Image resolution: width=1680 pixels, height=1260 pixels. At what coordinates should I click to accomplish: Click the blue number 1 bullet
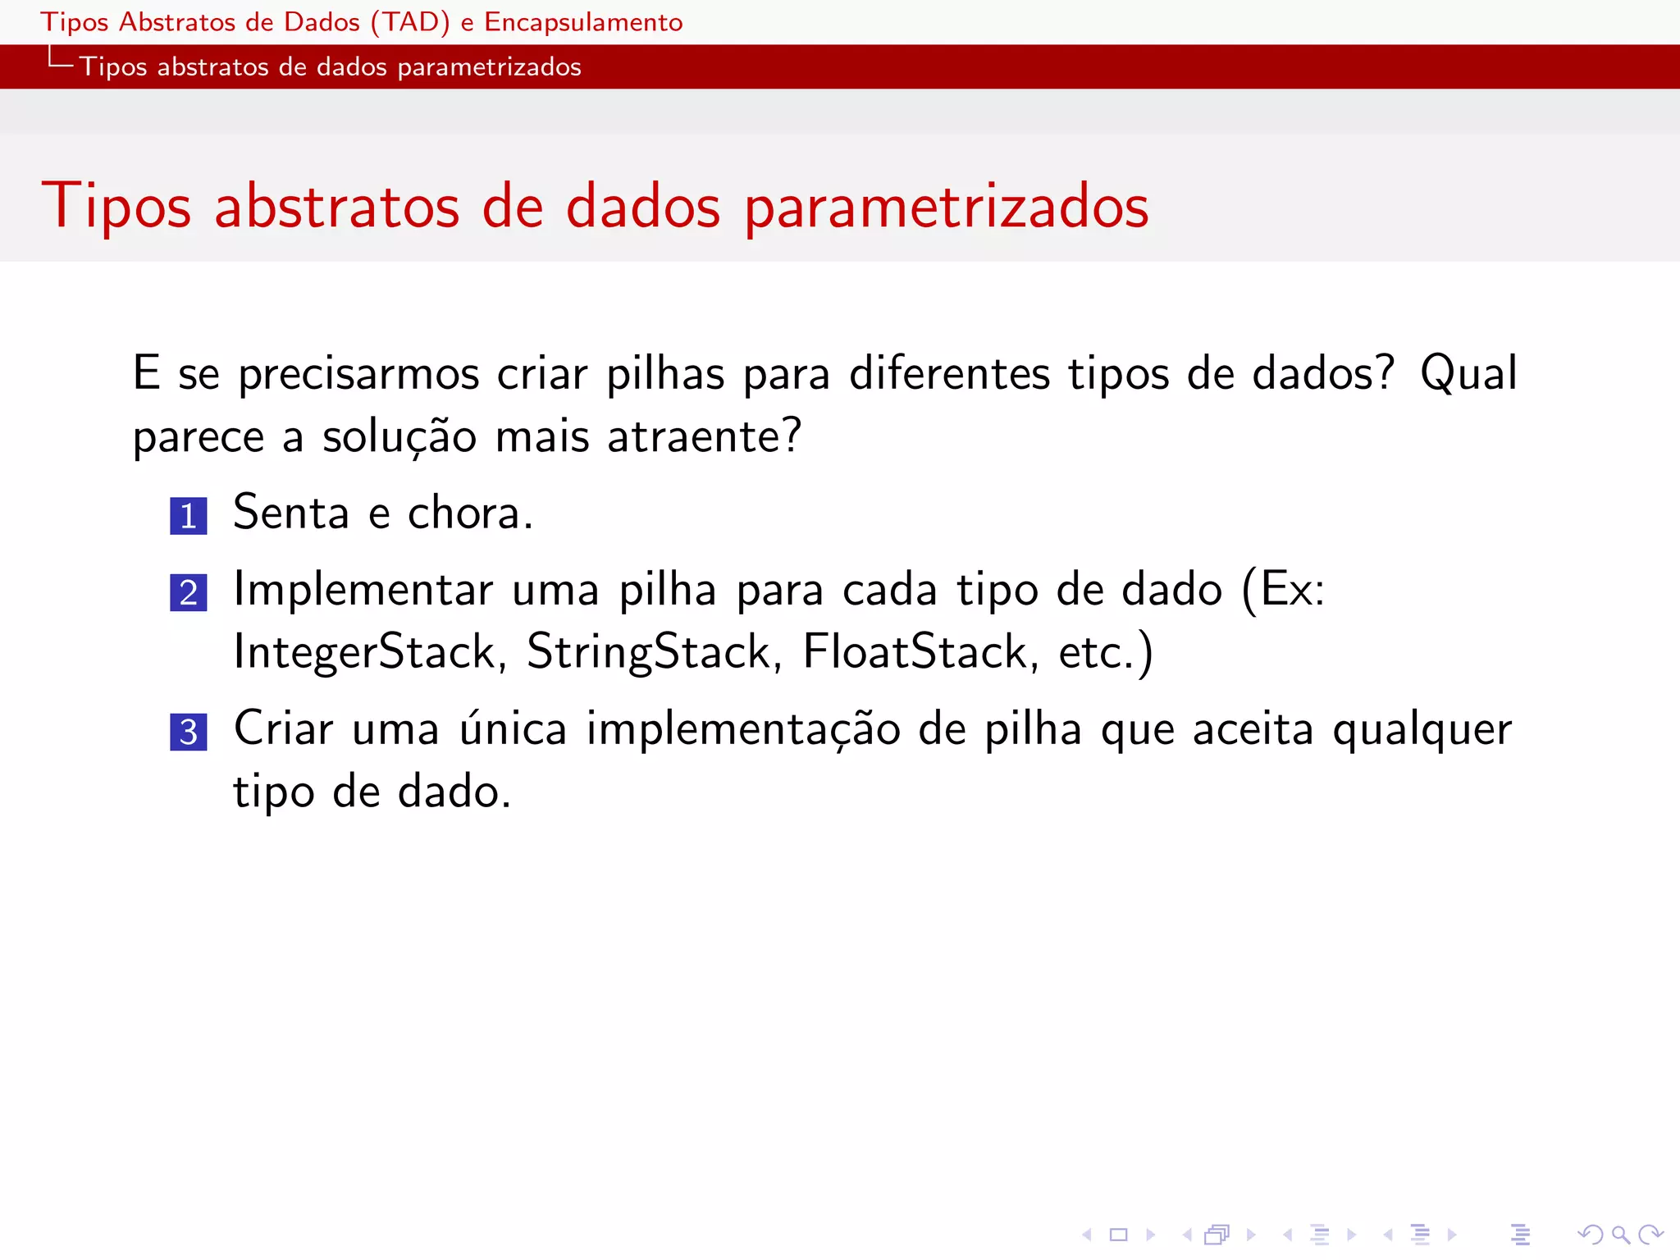click(x=188, y=516)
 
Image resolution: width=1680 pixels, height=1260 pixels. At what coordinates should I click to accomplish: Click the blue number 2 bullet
click(x=188, y=592)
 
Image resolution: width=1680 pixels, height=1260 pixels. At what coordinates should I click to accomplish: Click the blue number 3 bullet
click(x=188, y=732)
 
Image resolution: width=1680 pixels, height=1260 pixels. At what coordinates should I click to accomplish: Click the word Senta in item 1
click(x=291, y=513)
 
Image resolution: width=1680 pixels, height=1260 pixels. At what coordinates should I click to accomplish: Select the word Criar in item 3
click(x=283, y=728)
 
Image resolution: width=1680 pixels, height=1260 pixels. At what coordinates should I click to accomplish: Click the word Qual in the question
click(x=1468, y=374)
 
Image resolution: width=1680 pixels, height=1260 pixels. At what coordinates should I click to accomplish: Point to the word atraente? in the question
click(x=704, y=436)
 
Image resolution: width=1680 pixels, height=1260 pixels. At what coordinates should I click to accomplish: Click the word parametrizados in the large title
click(x=947, y=207)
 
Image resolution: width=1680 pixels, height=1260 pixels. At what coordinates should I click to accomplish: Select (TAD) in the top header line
click(x=410, y=22)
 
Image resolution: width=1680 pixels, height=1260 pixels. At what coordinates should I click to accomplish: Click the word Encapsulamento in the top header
click(x=583, y=22)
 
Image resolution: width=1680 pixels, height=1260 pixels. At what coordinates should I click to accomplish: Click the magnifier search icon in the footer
click(x=1620, y=1234)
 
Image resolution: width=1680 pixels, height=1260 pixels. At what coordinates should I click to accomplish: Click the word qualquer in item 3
click(x=1422, y=730)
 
